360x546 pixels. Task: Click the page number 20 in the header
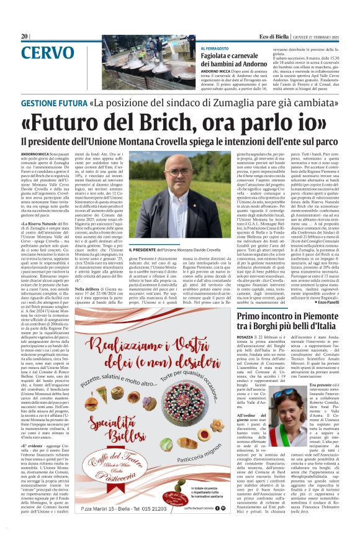tap(25, 37)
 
